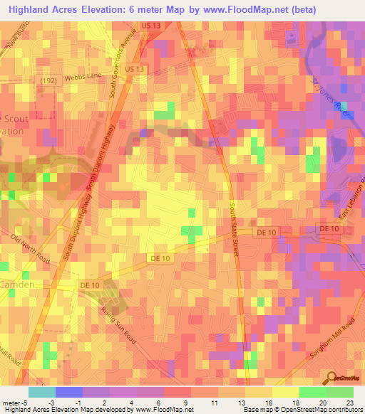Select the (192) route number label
point(48,80)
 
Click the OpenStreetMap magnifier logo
point(331,378)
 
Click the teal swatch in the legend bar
point(42,392)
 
